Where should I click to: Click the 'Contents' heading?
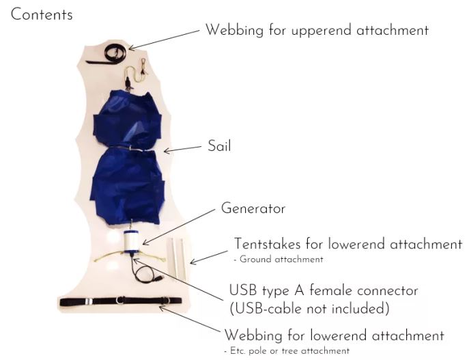click(x=42, y=14)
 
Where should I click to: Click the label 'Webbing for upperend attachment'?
click(x=317, y=30)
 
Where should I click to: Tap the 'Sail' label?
click(x=219, y=146)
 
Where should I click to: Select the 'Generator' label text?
click(x=253, y=208)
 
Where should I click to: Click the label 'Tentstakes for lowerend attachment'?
click(x=347, y=244)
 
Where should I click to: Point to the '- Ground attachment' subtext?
click(x=279, y=260)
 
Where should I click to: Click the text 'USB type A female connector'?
click(x=323, y=290)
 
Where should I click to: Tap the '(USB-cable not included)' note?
click(x=309, y=308)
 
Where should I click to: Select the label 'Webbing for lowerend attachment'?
click(x=334, y=335)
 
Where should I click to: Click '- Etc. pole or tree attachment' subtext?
click(x=286, y=350)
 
